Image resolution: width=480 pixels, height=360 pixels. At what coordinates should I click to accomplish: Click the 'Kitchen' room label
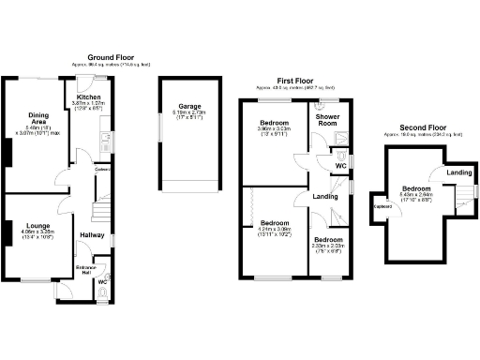pos(88,97)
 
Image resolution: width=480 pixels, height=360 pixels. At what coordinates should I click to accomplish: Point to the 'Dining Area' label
pos(37,118)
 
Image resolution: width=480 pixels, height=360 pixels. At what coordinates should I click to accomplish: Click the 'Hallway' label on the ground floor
pos(92,234)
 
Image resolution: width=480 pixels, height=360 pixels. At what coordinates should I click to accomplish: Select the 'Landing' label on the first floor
pos(325,196)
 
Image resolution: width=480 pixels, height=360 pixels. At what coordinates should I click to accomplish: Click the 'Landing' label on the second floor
pos(458,172)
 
